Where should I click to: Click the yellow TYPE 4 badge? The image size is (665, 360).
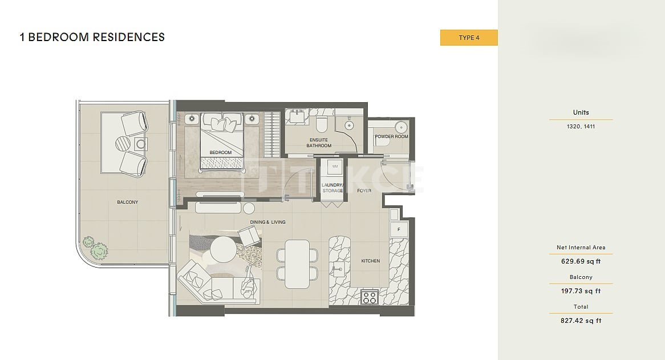(469, 38)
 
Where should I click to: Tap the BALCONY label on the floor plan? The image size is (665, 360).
(128, 203)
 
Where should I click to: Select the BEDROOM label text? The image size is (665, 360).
(221, 153)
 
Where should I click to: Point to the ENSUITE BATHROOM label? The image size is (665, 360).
(319, 143)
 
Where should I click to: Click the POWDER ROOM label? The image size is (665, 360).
(391, 136)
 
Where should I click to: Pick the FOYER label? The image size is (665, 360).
(364, 191)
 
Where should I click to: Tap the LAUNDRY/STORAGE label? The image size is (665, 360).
(332, 188)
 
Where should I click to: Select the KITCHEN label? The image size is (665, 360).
(371, 261)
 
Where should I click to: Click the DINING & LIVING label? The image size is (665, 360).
(267, 222)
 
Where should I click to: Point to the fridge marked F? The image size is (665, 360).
(399, 229)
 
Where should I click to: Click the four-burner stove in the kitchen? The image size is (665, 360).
(370, 297)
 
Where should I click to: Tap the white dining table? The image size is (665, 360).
(297, 264)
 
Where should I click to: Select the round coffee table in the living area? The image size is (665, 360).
(223, 249)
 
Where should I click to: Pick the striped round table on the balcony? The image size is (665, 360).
(124, 144)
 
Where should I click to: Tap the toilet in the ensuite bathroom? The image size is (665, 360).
(321, 123)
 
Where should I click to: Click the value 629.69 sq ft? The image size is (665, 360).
(581, 262)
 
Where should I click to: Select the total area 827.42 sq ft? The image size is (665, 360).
(581, 321)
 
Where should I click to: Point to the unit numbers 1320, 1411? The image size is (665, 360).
(581, 126)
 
